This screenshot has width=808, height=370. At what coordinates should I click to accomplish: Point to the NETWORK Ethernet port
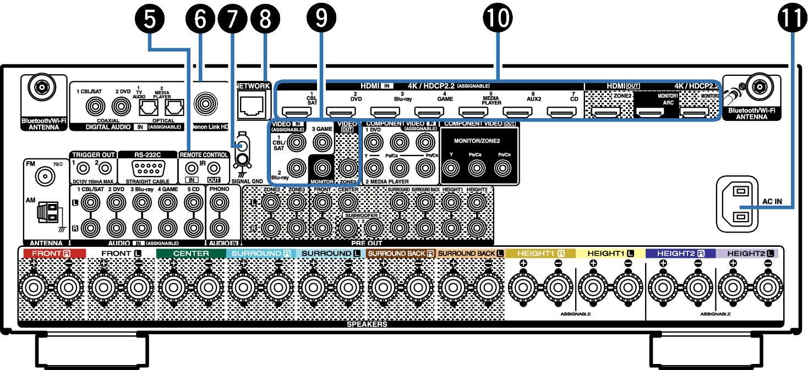[x=252, y=106]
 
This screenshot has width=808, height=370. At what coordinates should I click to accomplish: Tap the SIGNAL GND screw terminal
[x=241, y=160]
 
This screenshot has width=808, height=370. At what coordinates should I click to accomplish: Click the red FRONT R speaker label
[x=52, y=253]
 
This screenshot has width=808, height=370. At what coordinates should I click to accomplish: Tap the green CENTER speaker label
[x=191, y=253]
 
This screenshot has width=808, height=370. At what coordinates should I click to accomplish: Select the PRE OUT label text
[x=367, y=242]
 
